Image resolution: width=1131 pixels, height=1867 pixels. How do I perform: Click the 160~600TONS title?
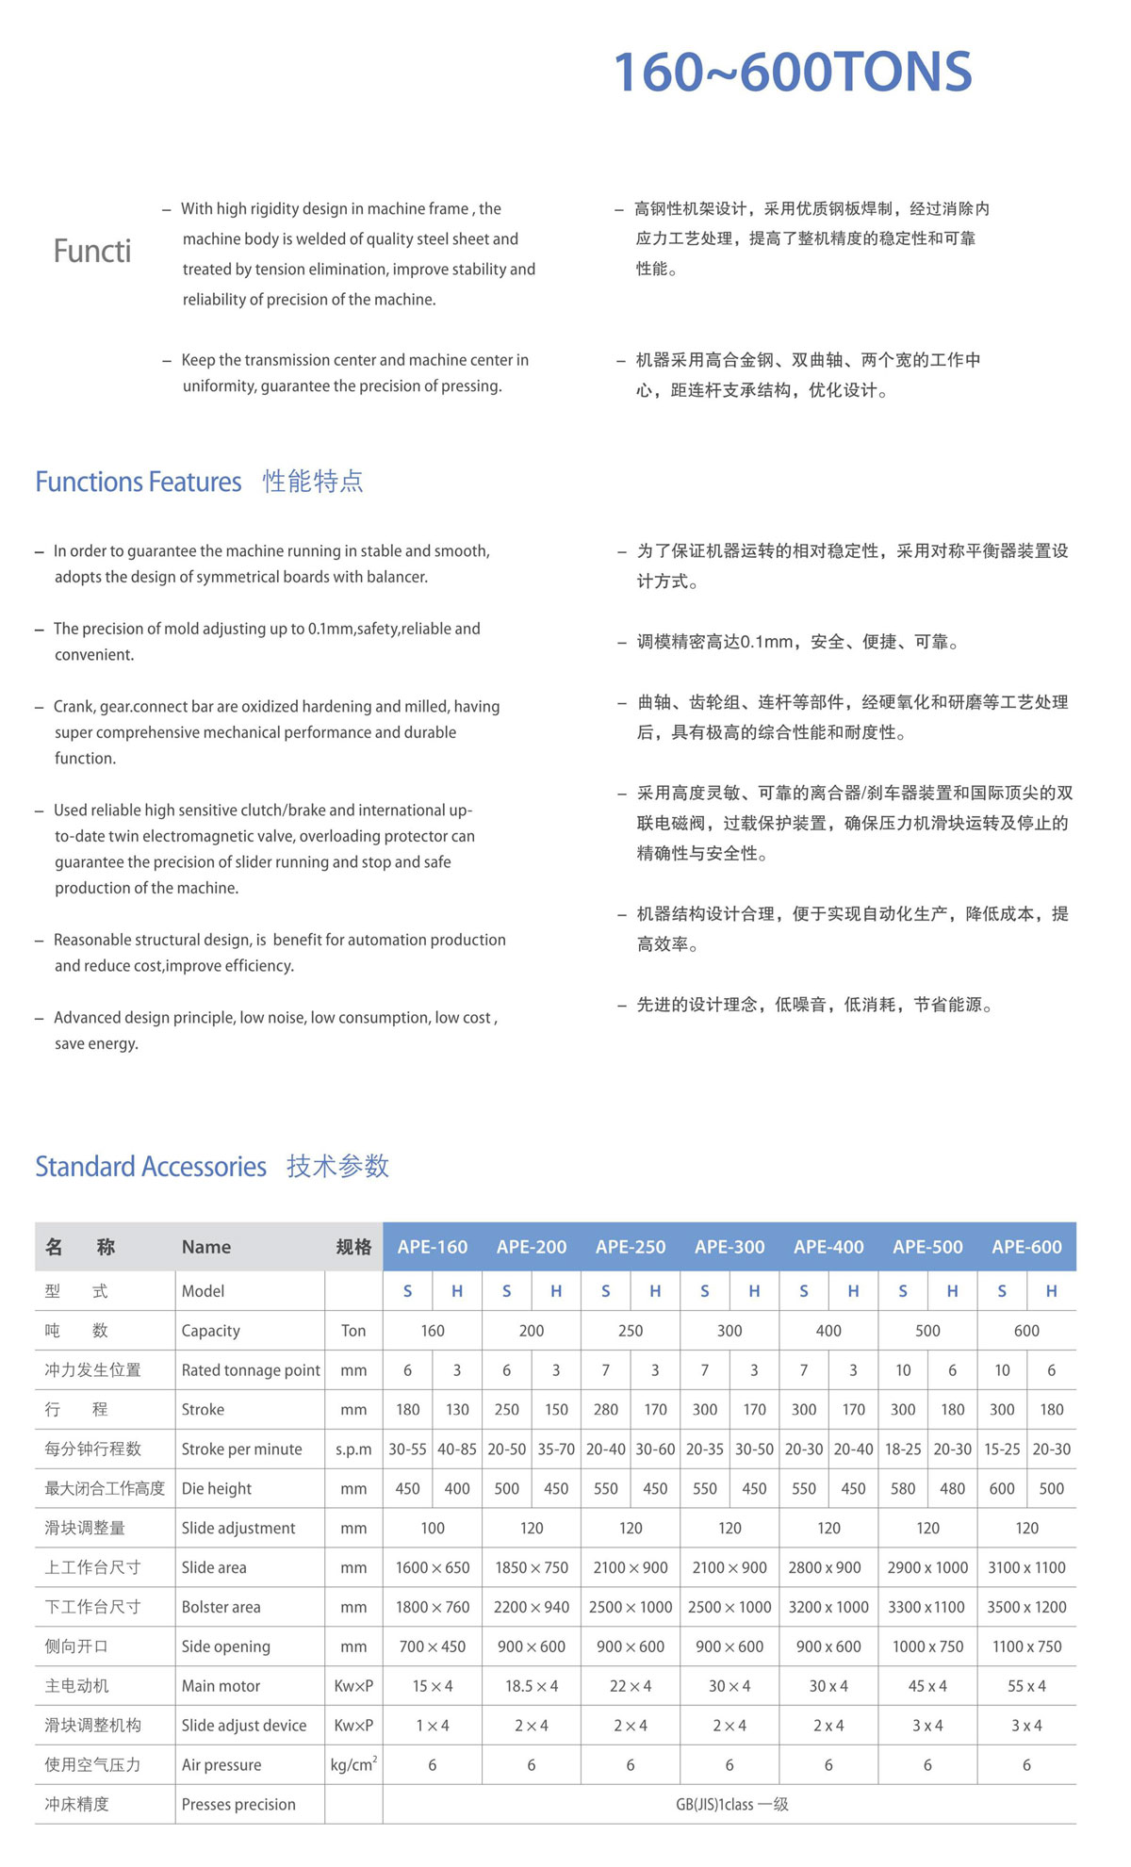pyautogui.click(x=792, y=73)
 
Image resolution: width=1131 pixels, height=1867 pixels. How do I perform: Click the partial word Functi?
pyautogui.click(x=92, y=252)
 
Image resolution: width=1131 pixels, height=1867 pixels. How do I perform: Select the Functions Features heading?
pyautogui.click(x=139, y=482)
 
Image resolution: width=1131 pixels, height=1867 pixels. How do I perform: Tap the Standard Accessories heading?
pyautogui.click(x=151, y=1167)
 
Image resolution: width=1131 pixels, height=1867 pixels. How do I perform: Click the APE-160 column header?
pyautogui.click(x=432, y=1247)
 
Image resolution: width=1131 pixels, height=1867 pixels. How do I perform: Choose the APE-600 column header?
pyautogui.click(x=1026, y=1247)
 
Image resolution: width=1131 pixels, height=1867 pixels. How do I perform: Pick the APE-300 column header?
pyautogui.click(x=729, y=1247)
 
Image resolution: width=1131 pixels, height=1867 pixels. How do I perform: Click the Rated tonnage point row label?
pyautogui.click(x=251, y=1370)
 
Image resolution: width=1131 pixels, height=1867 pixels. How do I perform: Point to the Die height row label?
pyautogui.click(x=217, y=1489)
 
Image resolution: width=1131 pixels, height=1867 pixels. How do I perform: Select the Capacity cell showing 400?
pyautogui.click(x=828, y=1331)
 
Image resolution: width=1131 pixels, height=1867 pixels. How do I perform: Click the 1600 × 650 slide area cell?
pyautogui.click(x=432, y=1567)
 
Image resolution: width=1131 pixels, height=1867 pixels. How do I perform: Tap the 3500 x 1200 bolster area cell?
pyautogui.click(x=1026, y=1607)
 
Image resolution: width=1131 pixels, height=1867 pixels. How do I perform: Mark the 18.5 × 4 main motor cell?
pyautogui.click(x=532, y=1686)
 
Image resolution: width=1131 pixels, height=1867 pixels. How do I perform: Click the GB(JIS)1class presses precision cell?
pyautogui.click(x=731, y=1805)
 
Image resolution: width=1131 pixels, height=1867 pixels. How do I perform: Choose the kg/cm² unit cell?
pyautogui.click(x=353, y=1765)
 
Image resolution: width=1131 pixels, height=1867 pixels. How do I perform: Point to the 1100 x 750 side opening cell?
pyautogui.click(x=1026, y=1646)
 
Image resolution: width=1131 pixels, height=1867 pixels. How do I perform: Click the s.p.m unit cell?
pyautogui.click(x=353, y=1449)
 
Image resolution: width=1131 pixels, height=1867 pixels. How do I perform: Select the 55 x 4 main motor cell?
pyautogui.click(x=1026, y=1686)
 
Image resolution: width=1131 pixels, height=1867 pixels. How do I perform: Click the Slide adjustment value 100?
pyautogui.click(x=432, y=1528)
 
